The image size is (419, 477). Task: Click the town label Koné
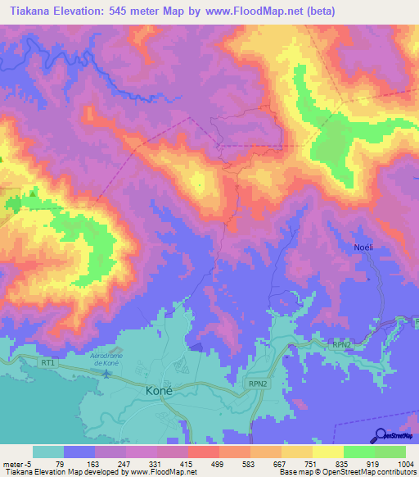pos(158,390)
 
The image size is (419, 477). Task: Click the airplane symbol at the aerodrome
pos(107,375)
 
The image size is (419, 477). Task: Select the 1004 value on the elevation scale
pos(407,464)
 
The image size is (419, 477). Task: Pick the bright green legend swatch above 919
pos(359,452)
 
